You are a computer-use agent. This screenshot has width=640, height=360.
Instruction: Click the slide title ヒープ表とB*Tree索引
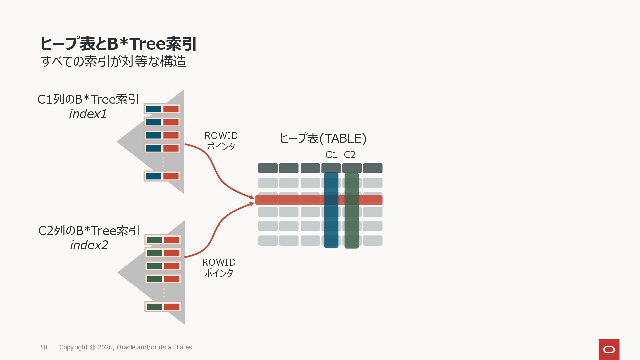tap(118, 44)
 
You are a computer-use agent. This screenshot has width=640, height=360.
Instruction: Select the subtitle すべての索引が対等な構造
tap(113, 61)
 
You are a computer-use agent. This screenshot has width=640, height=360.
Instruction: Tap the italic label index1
tap(88, 114)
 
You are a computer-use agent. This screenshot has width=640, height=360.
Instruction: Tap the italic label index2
tap(89, 245)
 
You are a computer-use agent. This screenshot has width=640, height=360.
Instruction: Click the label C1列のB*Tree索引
tap(88, 99)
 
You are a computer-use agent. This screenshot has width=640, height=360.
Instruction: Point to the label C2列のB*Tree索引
tap(89, 231)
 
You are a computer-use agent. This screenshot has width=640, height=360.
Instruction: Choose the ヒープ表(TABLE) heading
tap(323, 138)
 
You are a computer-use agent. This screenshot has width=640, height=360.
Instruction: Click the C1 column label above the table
tap(331, 155)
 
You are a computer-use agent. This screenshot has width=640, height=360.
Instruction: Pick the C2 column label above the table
tap(350, 155)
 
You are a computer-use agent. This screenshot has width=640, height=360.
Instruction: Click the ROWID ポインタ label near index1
tap(221, 141)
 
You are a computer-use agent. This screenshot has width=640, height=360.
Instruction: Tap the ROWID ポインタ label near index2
tap(219, 268)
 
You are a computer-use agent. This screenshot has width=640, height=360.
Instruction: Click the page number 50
tap(44, 347)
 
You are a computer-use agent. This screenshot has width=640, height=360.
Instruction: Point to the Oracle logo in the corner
tap(609, 349)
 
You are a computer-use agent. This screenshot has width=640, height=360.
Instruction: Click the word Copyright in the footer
tap(73, 347)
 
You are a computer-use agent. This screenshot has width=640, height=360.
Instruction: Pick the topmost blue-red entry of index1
tap(162, 109)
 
